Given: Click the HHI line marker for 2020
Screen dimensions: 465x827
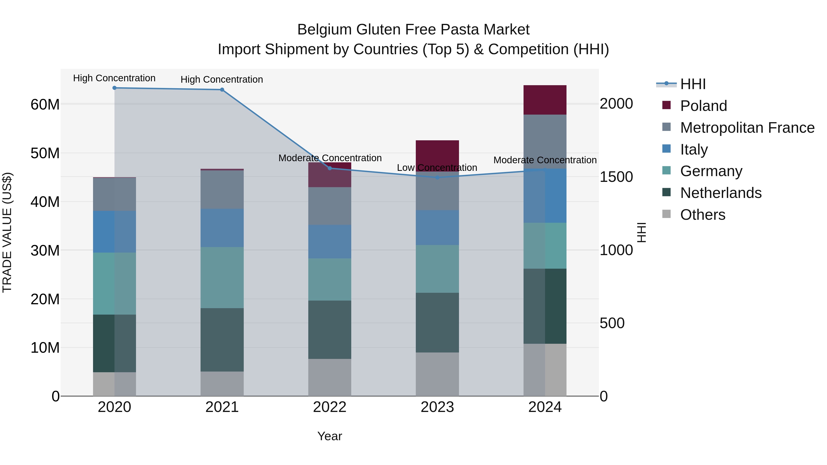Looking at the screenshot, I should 114,88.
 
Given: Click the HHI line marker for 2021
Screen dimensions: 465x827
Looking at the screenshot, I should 222,90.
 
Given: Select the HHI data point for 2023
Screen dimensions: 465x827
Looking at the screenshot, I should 437,178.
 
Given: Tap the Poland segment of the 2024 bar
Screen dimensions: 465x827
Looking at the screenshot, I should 545,100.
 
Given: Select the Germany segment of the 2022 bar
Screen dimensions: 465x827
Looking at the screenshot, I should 330,279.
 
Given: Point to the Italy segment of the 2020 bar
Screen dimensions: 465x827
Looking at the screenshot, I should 114,232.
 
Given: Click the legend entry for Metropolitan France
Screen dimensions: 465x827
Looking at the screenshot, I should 747,128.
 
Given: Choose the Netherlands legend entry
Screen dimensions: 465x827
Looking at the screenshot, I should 721,193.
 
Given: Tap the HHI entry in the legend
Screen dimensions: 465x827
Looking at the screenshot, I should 693,84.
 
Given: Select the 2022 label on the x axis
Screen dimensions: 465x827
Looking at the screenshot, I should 330,407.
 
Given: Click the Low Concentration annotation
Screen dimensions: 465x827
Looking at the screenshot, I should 437,168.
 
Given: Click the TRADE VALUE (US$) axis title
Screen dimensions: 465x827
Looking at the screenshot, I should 7,232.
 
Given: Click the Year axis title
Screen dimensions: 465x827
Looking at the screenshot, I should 330,436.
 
